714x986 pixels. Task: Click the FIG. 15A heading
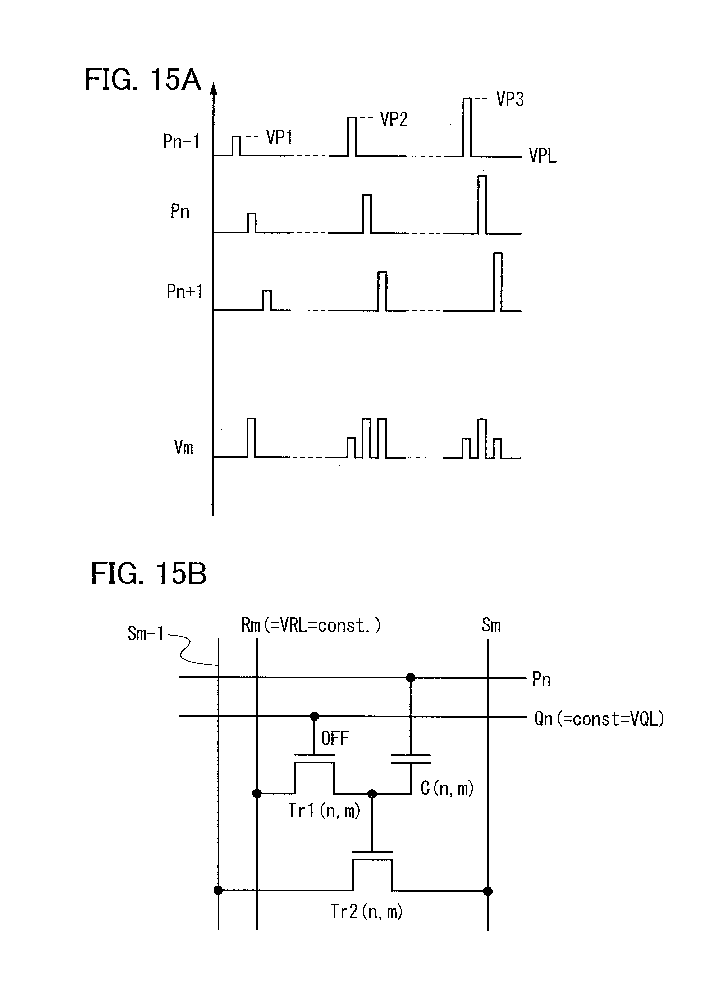tap(142, 79)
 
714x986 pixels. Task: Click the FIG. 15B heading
tap(148, 574)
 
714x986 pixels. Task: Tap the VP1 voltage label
tap(279, 138)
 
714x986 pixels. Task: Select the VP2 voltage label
tap(394, 119)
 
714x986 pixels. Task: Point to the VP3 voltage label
tap(510, 100)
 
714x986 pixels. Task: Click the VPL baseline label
tap(542, 156)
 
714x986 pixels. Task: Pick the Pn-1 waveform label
tap(181, 142)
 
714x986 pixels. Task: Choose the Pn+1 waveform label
tap(184, 291)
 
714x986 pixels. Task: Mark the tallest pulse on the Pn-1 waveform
tap(467, 127)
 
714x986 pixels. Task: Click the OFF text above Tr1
tap(335, 738)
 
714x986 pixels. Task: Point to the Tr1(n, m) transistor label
tap(324, 811)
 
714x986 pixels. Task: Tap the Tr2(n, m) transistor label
tap(366, 912)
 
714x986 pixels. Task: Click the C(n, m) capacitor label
tap(447, 788)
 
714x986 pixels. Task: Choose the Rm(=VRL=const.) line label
tap(311, 626)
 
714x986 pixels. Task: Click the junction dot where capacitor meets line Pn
tap(410, 678)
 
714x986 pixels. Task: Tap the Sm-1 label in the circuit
tap(145, 634)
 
